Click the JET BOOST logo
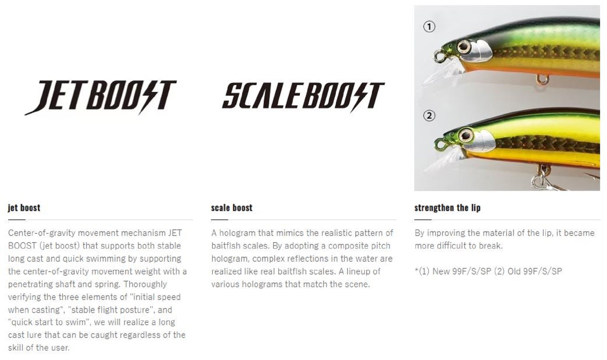(100, 97)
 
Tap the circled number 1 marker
(429, 27)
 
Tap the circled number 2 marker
(429, 116)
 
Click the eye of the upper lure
(464, 46)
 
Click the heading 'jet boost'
(24, 208)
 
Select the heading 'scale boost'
(232, 208)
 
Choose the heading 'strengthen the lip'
(447, 208)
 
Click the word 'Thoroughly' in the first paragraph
(145, 284)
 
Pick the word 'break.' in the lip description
(491, 246)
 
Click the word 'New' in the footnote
(441, 271)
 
